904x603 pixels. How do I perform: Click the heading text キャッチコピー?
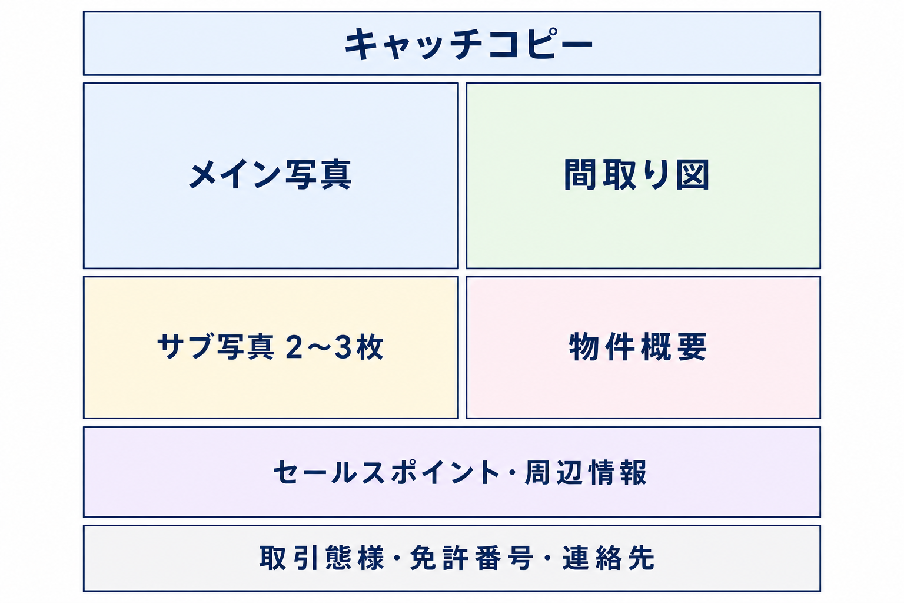click(468, 44)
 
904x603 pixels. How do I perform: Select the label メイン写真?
click(270, 174)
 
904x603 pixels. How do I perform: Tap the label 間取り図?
click(636, 174)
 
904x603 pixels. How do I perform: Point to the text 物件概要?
click(637, 347)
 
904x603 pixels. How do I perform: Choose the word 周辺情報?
click(586, 472)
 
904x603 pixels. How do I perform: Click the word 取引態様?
click(322, 558)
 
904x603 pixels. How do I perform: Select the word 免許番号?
click(472, 558)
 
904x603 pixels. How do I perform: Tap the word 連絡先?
click(609, 558)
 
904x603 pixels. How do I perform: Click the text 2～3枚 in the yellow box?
click(334, 347)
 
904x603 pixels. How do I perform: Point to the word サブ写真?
click(216, 347)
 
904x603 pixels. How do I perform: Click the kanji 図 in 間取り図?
click(693, 174)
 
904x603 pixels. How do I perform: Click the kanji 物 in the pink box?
click(584, 347)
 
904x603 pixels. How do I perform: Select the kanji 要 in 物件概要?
click(693, 347)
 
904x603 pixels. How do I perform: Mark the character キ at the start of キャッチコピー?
click(362, 44)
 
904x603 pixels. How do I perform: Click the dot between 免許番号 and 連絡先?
click(548, 558)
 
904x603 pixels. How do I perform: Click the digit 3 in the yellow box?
click(344, 347)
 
